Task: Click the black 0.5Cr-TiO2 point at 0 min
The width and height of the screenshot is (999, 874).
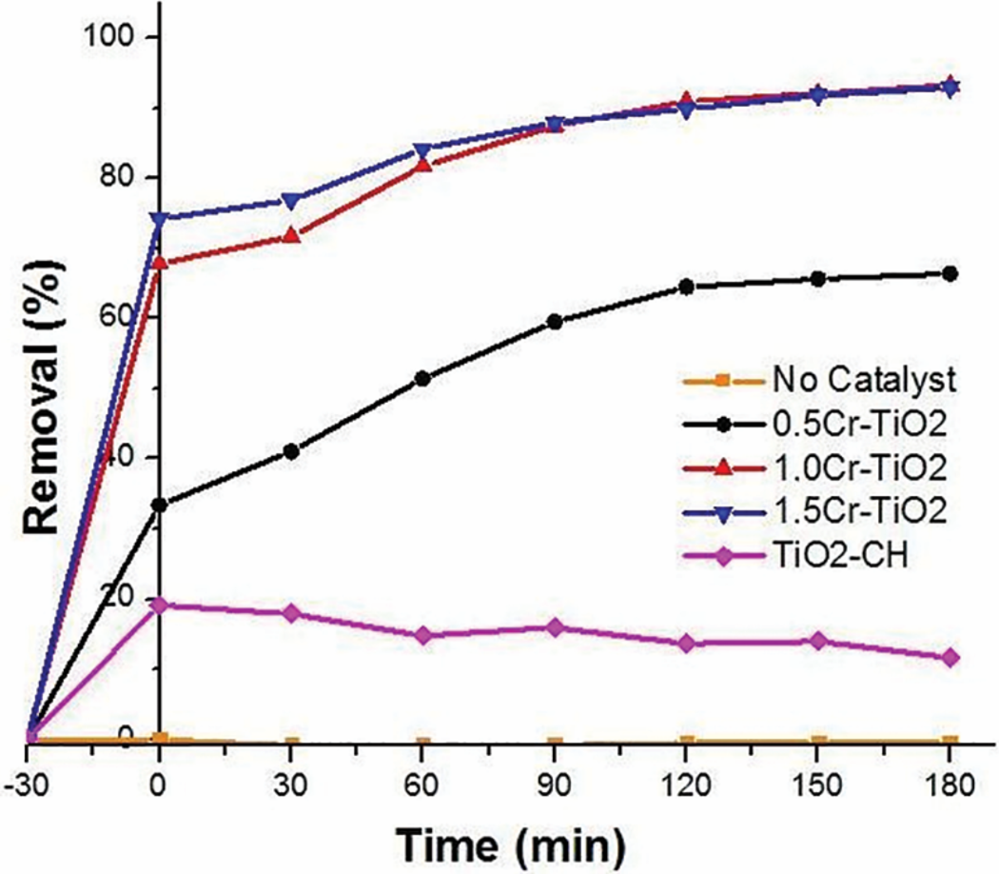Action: (x=160, y=505)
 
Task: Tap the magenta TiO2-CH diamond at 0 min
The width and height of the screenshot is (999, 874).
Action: (x=160, y=606)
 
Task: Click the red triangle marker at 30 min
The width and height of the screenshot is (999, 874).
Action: (x=291, y=235)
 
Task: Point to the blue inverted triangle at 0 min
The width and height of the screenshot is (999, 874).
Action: (x=160, y=219)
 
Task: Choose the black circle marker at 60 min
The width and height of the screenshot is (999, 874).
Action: (x=423, y=379)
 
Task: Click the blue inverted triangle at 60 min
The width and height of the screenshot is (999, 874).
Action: (x=423, y=150)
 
